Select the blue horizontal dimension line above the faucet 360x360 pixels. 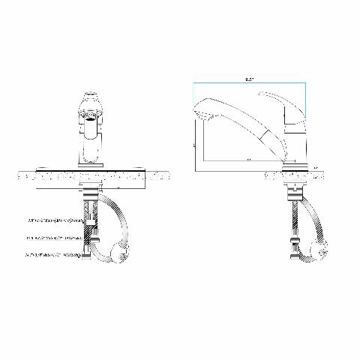click(247, 82)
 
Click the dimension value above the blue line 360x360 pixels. click(248, 76)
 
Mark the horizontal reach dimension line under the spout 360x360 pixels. click(240, 161)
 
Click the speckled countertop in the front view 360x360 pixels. click(45, 177)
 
